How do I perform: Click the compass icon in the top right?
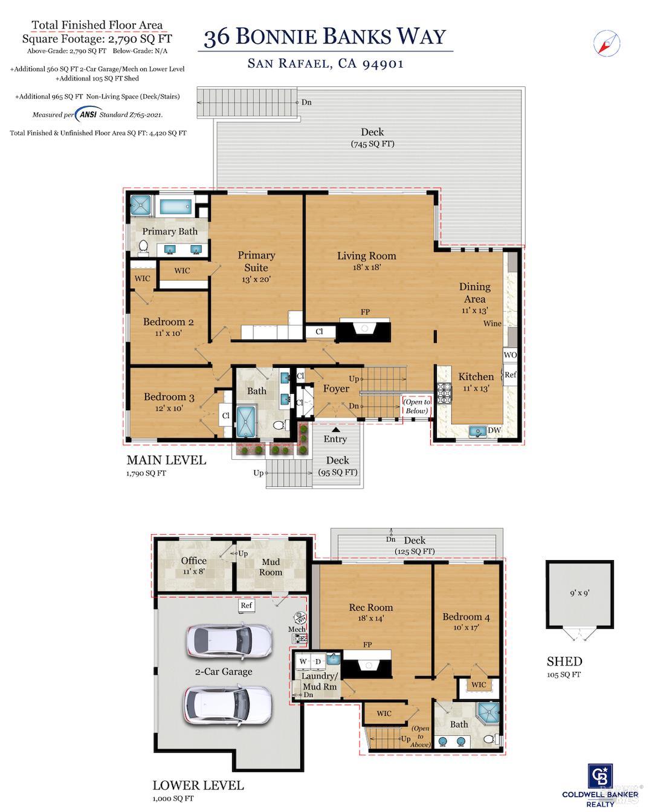point(607,42)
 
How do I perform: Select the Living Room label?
point(366,256)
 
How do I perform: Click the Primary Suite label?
point(256,261)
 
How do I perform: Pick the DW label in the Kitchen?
point(494,430)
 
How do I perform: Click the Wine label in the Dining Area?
point(492,323)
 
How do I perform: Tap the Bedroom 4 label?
point(462,617)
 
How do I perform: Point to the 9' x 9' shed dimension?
point(580,593)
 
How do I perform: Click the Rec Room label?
point(370,608)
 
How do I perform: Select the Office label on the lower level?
point(193,561)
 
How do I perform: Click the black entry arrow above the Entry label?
point(335,429)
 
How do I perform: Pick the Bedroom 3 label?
point(169,397)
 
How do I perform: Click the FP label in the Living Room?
point(365,312)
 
